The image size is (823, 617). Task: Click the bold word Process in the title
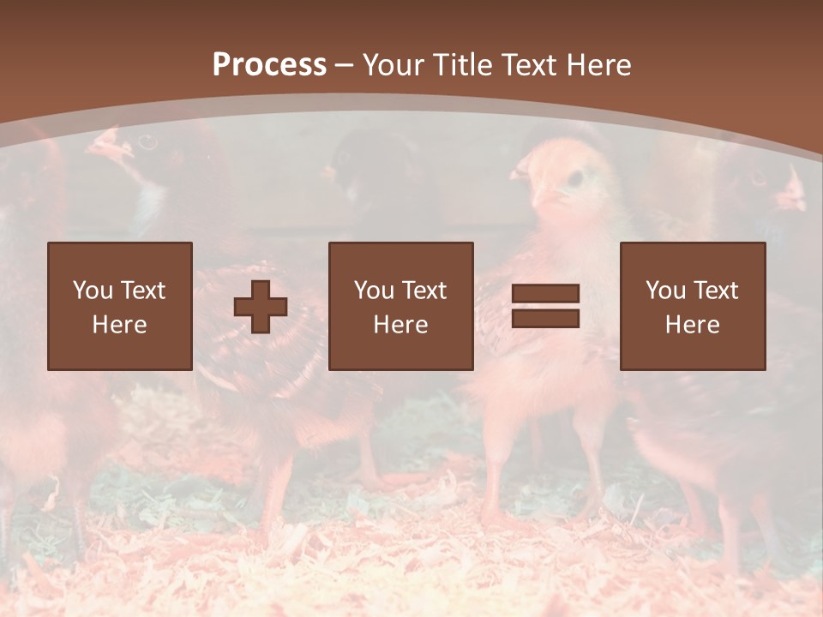pos(269,65)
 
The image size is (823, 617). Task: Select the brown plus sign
pos(261,306)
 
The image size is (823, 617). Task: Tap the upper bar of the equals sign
pos(545,294)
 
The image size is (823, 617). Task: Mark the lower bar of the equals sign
pos(545,319)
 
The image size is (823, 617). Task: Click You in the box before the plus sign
pos(93,291)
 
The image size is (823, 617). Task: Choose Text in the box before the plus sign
pos(142,291)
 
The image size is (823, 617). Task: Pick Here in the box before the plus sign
pos(119,325)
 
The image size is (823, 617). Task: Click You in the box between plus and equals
pos(374,291)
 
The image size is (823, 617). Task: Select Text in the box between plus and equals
pos(424,291)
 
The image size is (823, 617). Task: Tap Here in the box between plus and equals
pos(400,325)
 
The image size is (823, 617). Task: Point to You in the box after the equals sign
pos(665,291)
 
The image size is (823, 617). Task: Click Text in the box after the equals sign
pos(715,291)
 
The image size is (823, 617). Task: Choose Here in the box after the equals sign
pos(692,325)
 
